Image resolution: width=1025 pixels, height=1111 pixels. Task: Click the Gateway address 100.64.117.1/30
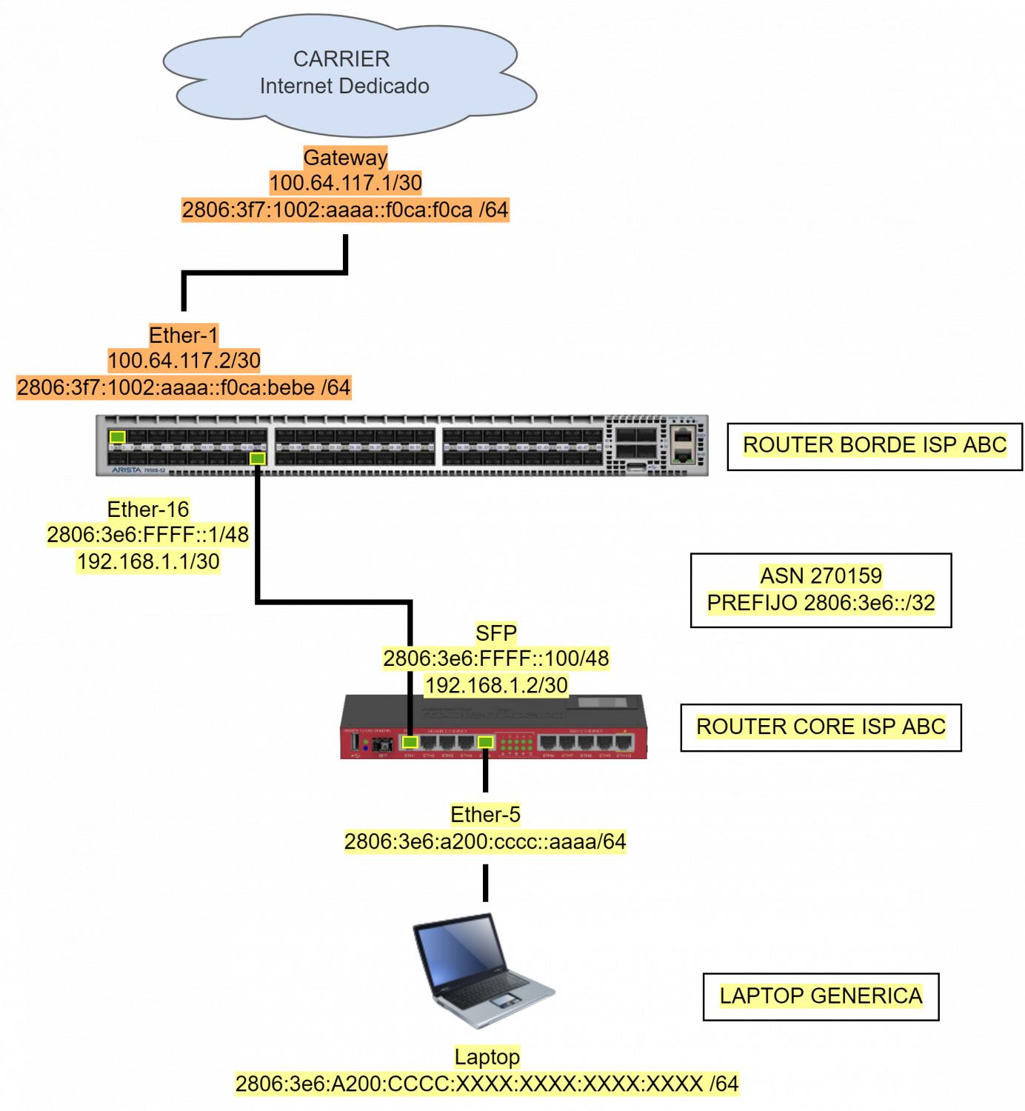pos(345,183)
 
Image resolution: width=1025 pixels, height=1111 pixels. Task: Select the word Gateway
pos(345,158)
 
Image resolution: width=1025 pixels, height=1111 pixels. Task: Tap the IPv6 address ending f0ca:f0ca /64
pos(345,210)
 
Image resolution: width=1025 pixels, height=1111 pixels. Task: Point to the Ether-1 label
pos(184,336)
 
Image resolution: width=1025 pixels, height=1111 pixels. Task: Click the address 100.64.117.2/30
pos(184,361)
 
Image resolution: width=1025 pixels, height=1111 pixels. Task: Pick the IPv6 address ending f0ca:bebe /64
pos(184,387)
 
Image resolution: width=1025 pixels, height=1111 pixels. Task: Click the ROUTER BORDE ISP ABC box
pos(875,445)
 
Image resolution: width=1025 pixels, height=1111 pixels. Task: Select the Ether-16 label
pos(148,510)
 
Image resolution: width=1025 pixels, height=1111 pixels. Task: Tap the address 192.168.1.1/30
pos(148,561)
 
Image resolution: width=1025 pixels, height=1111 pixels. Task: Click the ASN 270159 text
pos(821,575)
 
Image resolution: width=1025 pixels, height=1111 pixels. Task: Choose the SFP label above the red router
pos(495,633)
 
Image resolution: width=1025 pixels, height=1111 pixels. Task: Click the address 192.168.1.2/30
pos(495,685)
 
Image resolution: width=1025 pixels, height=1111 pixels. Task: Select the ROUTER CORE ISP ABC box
pos(821,727)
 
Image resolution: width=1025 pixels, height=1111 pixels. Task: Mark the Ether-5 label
pos(485,815)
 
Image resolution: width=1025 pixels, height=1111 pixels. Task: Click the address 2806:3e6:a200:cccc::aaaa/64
pos(485,841)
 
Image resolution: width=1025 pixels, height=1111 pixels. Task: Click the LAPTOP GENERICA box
pos(821,995)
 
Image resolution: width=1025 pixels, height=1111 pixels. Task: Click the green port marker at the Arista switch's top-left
pos(117,437)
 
